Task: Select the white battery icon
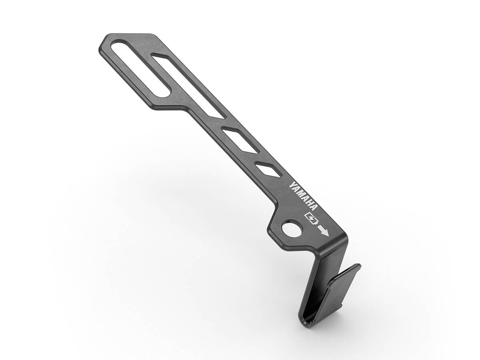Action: point(311,218)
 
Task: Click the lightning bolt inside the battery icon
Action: point(311,218)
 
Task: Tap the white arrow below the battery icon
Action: point(322,231)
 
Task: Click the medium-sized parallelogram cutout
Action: point(240,140)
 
